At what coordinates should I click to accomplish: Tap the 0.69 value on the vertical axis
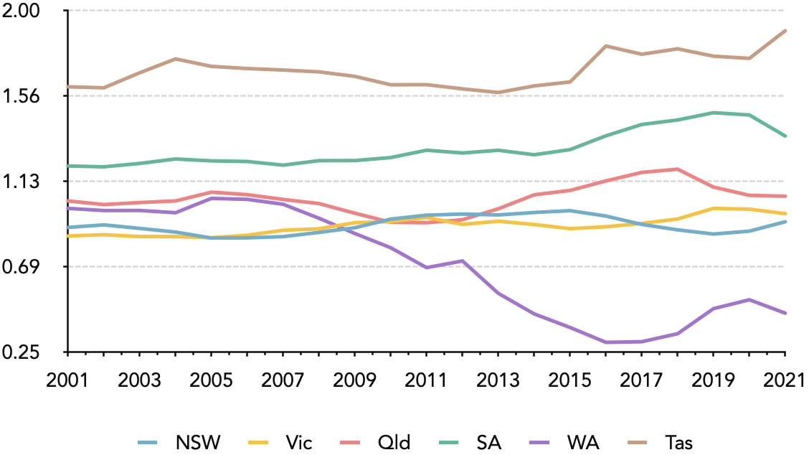[x=24, y=267]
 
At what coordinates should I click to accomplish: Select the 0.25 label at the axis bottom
[x=24, y=352]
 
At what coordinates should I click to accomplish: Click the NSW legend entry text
[x=198, y=442]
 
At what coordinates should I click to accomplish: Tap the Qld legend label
[x=394, y=442]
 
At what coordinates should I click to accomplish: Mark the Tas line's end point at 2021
[x=785, y=30]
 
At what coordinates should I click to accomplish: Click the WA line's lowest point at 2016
[x=606, y=342]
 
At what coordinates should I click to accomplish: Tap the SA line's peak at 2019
[x=714, y=113]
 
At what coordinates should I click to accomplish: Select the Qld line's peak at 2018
[x=678, y=169]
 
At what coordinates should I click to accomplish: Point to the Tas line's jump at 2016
[x=606, y=46]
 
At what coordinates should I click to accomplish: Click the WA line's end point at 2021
[x=785, y=313]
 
